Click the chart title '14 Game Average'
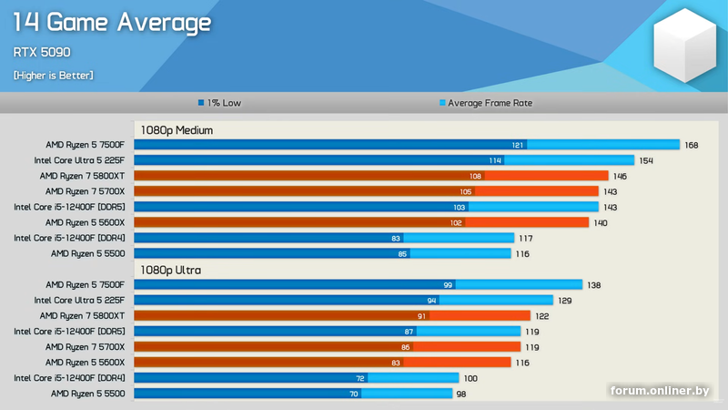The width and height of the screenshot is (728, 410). (x=113, y=23)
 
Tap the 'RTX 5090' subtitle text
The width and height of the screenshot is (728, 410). (x=43, y=52)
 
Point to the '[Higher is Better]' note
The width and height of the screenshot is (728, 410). (x=53, y=75)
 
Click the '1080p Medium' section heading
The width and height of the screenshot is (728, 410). (x=177, y=130)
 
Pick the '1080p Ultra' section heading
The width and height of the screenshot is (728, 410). (x=170, y=270)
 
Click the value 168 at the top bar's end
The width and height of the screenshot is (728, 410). (x=692, y=145)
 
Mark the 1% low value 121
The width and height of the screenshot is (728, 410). (x=518, y=145)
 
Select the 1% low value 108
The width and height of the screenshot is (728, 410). (x=475, y=176)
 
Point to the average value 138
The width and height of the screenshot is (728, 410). (x=593, y=285)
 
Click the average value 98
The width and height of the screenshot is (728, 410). (x=460, y=394)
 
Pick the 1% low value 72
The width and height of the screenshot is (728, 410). (x=359, y=377)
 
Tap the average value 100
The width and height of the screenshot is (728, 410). (x=470, y=377)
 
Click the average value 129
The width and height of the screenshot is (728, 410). (x=565, y=301)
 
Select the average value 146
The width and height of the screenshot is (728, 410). (x=620, y=176)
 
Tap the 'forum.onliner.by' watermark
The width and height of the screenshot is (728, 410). (x=660, y=391)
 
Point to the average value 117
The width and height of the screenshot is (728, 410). (x=525, y=238)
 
